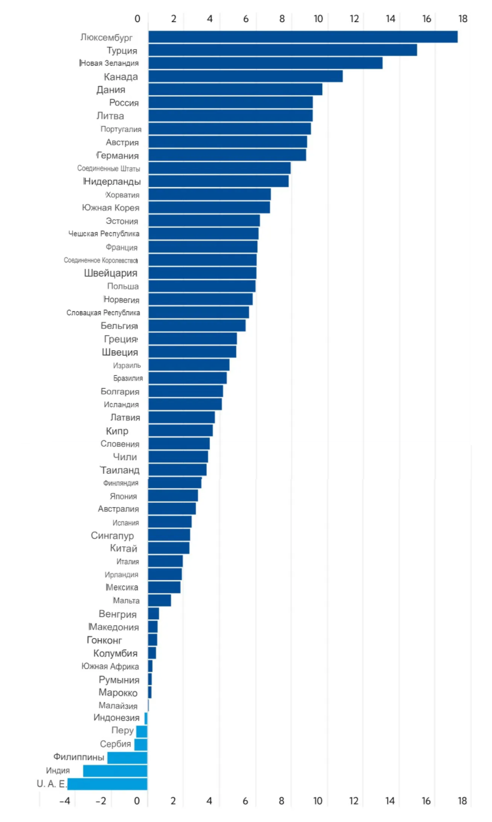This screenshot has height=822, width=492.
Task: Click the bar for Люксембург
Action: pos(303,37)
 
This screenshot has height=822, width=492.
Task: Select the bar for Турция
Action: pos(283,50)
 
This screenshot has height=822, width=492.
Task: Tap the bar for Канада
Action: pos(245,76)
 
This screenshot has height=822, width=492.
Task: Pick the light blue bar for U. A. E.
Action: pos(108,784)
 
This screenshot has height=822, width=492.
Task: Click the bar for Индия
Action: pos(115,771)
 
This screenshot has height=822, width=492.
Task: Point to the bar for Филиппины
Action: pos(127,758)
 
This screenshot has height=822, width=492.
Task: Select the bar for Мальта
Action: pos(159,600)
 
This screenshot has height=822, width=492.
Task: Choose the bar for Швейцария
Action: pos(203,273)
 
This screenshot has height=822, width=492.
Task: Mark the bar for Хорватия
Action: pos(209,194)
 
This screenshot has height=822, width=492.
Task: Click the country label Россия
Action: pos(124,103)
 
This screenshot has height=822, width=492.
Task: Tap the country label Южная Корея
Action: pos(111,208)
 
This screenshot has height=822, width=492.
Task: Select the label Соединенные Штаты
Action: pos(109,168)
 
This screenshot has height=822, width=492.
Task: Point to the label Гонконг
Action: pos(104,640)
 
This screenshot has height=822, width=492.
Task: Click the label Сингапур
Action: pos(112,536)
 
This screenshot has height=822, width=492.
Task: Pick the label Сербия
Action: pos(116,744)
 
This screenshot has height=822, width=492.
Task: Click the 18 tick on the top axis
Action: pos(463,19)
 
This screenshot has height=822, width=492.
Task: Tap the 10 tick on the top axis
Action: pos(318,19)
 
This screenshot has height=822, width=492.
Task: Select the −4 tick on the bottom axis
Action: pos(64,801)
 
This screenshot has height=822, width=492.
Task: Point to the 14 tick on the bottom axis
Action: pos(390,801)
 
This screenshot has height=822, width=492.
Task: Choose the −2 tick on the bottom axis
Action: pos(101,801)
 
